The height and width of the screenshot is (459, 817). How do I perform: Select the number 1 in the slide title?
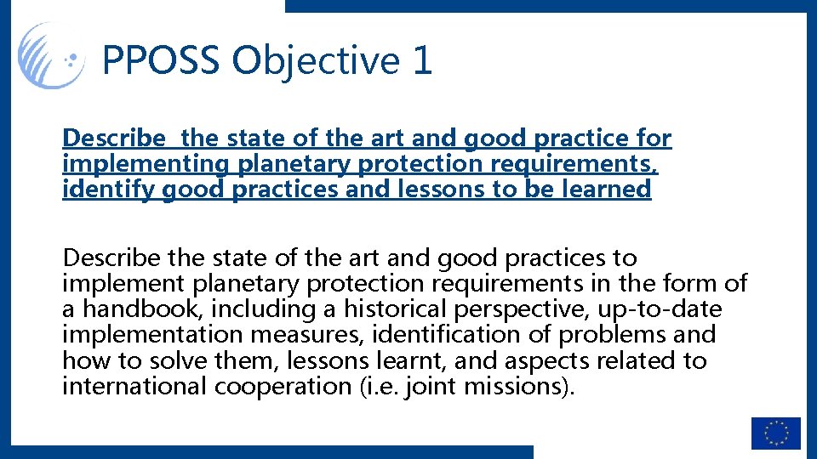point(420,60)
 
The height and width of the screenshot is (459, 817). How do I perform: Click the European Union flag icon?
point(775,433)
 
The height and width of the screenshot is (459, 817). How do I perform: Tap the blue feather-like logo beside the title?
point(51,56)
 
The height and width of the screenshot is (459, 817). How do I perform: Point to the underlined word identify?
point(96,190)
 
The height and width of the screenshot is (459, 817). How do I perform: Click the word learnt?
point(408,360)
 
